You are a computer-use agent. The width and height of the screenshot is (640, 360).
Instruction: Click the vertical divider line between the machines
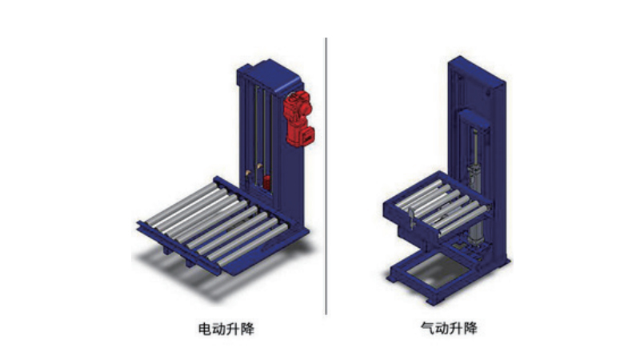pos(326,176)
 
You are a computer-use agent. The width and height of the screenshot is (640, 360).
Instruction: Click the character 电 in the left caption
pos(205,328)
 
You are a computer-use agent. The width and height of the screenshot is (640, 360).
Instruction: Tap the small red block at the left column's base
pos(267,182)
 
